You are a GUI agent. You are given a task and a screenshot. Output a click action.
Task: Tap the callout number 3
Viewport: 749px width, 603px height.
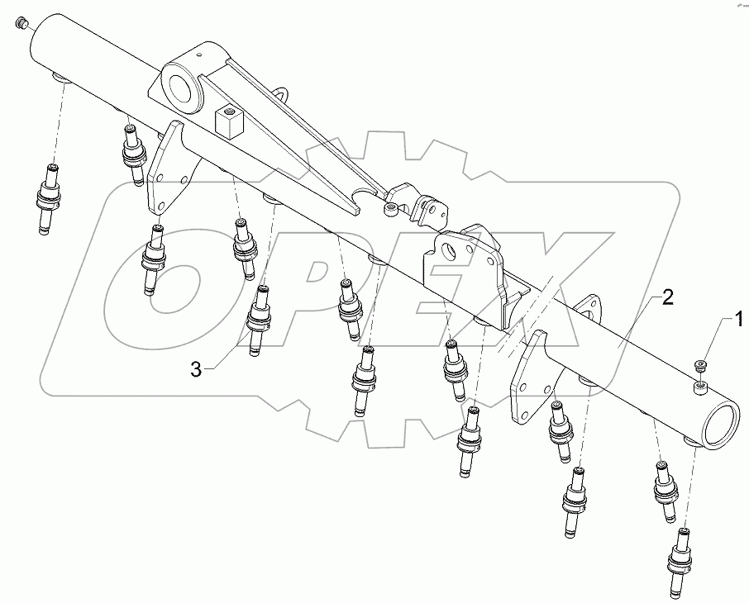[195, 370]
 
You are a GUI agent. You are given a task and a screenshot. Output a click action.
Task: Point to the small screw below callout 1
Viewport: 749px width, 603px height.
[700, 366]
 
